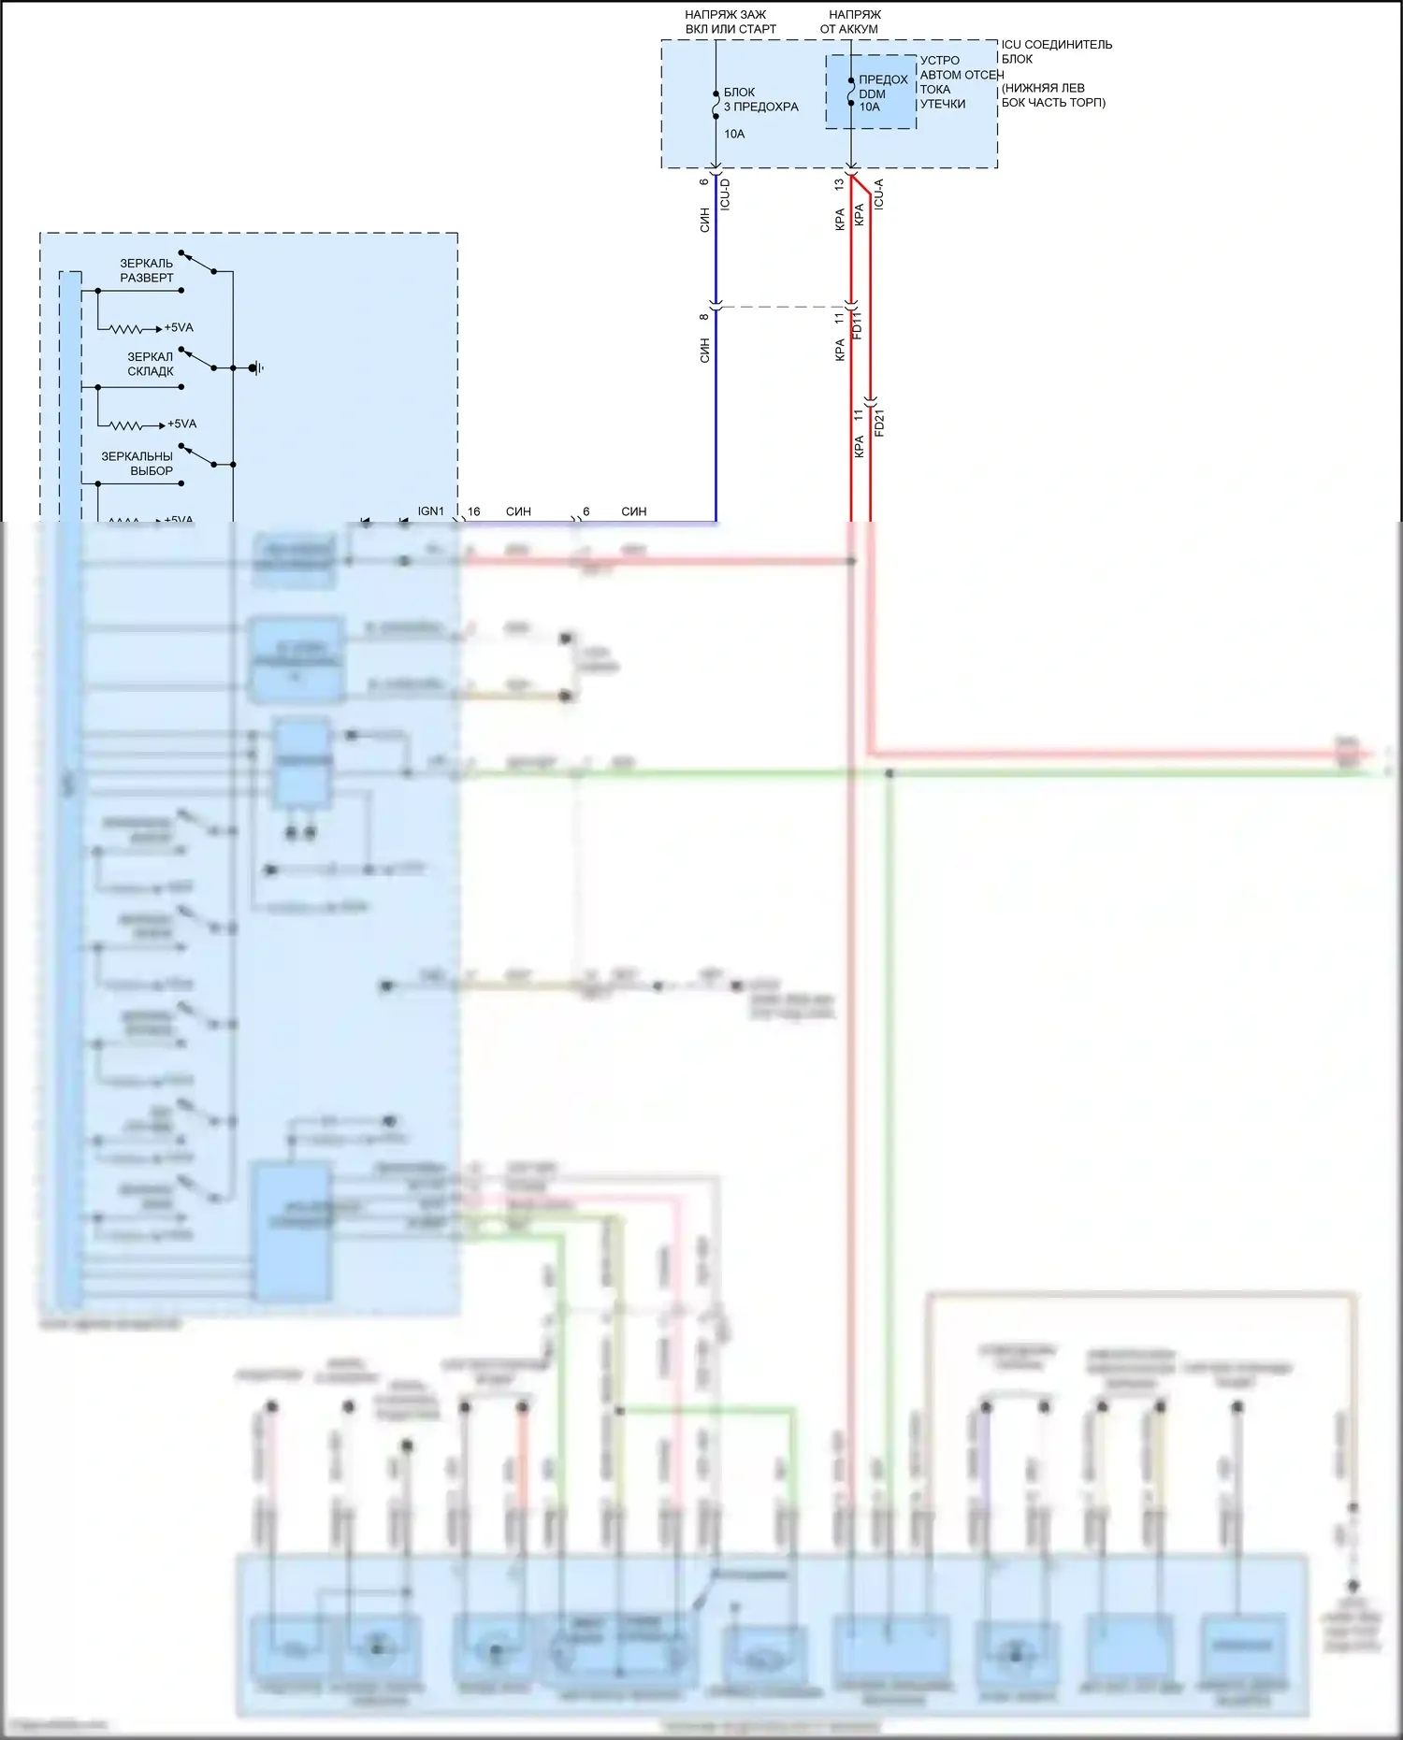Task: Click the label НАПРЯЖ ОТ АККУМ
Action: click(850, 22)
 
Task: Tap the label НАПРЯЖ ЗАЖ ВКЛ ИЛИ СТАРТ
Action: click(730, 22)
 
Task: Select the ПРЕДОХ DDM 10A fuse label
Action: click(882, 93)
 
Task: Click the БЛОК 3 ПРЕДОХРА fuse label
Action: click(760, 100)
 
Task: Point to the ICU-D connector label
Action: click(725, 194)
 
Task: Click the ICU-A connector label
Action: click(878, 194)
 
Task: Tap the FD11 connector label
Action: click(858, 324)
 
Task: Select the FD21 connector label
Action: click(879, 423)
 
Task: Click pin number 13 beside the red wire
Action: click(839, 185)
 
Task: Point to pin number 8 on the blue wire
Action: click(704, 317)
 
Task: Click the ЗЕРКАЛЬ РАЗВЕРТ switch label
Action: click(147, 270)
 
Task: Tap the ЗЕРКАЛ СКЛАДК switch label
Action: click(151, 364)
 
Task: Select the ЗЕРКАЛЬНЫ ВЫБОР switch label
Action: click(137, 464)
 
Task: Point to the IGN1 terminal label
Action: click(430, 511)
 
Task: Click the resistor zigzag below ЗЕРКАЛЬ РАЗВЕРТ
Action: click(127, 329)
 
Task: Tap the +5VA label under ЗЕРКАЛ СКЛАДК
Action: click(181, 424)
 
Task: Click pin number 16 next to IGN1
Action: click(474, 511)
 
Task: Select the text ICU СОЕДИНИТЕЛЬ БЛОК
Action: click(1057, 51)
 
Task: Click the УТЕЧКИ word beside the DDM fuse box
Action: click(942, 104)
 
